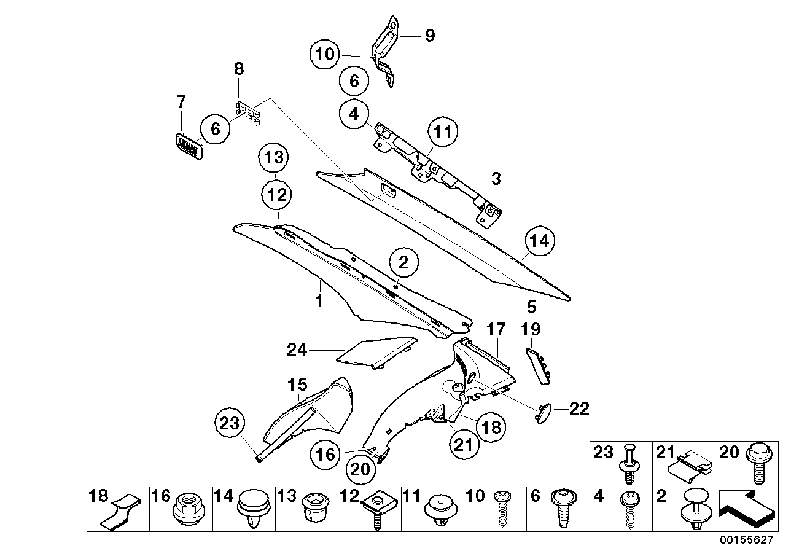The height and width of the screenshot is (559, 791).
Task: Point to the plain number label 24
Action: (298, 350)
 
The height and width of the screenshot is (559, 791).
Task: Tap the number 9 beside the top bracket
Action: (429, 36)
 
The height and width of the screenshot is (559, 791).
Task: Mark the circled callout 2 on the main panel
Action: (402, 265)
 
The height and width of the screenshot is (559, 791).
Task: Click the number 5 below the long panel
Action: (531, 305)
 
